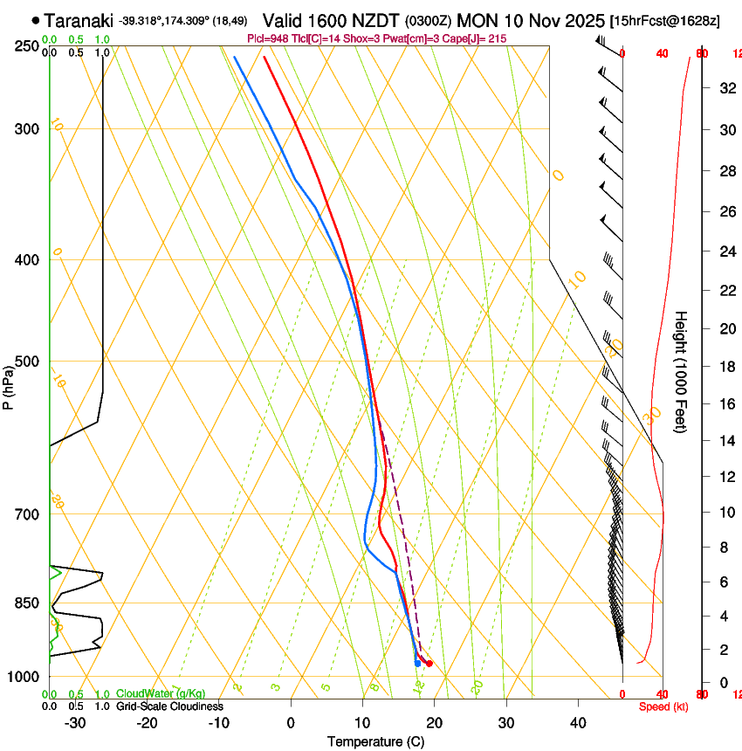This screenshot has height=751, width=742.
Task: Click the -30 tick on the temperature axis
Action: click(x=75, y=723)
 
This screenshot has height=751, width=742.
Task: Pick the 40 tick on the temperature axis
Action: click(x=578, y=723)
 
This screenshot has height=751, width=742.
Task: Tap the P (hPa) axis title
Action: click(x=9, y=384)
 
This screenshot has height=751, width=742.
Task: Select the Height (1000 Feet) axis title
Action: click(x=682, y=372)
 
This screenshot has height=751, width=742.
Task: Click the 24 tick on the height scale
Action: click(x=725, y=252)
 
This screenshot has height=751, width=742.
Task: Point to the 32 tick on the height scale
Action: click(x=725, y=87)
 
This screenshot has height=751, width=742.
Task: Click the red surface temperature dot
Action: click(x=429, y=665)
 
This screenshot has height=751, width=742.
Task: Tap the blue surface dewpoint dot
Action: click(x=417, y=664)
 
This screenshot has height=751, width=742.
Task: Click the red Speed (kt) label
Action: click(x=663, y=706)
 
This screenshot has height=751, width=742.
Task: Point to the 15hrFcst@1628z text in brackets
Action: click(x=665, y=20)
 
